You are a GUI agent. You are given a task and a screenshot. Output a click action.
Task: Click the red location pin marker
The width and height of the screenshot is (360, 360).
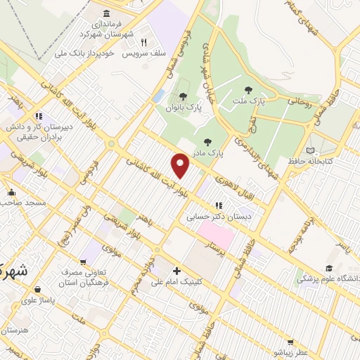click(x=181, y=165)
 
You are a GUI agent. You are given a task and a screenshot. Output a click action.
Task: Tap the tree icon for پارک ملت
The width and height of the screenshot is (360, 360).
click(x=247, y=89)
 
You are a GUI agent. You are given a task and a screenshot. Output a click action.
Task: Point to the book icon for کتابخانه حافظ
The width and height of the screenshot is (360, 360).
click(x=311, y=150)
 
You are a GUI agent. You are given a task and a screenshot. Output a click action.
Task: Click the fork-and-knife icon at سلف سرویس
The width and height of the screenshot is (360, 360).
click(x=144, y=41)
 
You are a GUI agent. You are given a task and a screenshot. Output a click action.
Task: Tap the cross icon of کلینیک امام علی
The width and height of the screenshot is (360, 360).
click(x=176, y=271)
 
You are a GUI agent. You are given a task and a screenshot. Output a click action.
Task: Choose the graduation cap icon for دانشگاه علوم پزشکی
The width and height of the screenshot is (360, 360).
click(x=328, y=268)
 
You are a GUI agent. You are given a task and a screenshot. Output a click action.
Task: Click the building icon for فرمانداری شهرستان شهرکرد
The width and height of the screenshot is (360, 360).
click(x=106, y=14)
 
